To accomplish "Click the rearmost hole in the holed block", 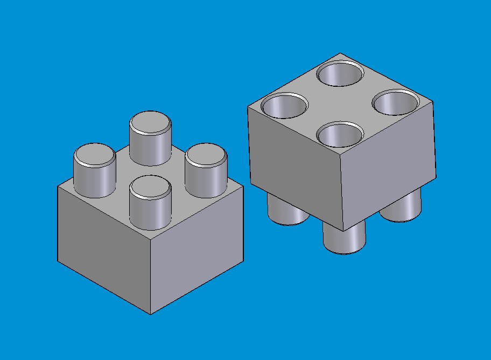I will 340,74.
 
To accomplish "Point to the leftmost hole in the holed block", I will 284,106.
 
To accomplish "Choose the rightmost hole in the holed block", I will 396,102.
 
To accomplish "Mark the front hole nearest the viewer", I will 340,135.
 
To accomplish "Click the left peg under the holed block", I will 288,210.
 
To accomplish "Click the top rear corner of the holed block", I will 340,53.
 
